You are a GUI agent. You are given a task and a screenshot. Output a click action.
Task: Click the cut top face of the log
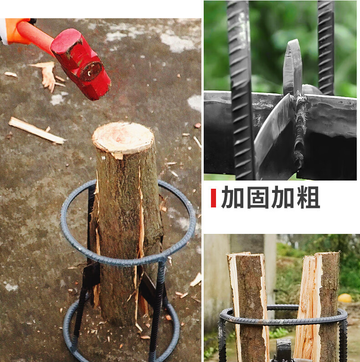click(123, 137)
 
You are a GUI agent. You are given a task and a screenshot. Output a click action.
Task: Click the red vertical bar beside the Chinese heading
click(213, 198)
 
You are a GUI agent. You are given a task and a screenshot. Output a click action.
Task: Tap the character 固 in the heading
click(258, 198)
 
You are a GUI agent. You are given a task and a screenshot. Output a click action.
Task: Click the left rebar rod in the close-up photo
click(241, 91)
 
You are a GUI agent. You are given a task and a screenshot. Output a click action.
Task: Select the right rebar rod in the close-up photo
click(326, 46)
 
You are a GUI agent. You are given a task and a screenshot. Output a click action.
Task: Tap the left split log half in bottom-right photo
click(249, 305)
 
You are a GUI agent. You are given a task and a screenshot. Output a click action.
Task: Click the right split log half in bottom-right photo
click(319, 305)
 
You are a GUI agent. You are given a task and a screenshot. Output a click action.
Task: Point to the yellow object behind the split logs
click(345, 298)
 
